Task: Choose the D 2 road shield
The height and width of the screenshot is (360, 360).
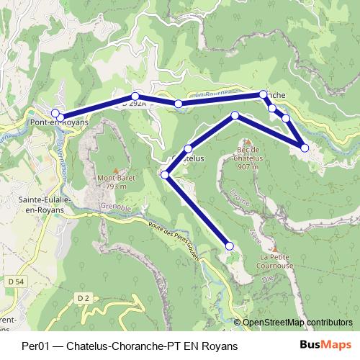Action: [84, 297]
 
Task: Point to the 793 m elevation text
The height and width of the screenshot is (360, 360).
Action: [117, 186]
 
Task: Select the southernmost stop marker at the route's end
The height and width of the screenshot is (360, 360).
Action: [230, 246]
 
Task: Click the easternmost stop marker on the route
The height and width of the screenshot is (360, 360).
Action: [305, 148]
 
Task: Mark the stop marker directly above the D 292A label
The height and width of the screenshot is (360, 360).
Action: [135, 96]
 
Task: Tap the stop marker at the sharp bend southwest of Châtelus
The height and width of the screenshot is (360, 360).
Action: [165, 174]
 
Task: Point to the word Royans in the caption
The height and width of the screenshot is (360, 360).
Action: [220, 346]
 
